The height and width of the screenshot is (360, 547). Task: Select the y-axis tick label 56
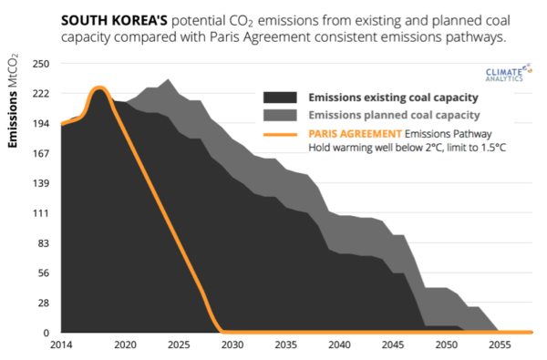coord(42,273)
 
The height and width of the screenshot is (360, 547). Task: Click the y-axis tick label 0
coord(46,333)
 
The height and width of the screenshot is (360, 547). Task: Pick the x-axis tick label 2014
coord(61,346)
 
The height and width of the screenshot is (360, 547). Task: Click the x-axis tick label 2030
coord(232,346)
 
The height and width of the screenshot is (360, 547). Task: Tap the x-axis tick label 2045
coord(394,346)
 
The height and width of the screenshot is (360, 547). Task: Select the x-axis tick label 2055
coord(501,346)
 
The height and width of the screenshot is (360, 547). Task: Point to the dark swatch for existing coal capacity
coord(282,98)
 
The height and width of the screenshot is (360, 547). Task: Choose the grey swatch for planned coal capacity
coord(282,115)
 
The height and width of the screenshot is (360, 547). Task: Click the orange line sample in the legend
coord(282,133)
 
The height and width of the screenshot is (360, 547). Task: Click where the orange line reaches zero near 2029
coord(222,332)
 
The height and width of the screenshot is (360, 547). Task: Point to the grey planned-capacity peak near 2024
coord(166,80)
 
